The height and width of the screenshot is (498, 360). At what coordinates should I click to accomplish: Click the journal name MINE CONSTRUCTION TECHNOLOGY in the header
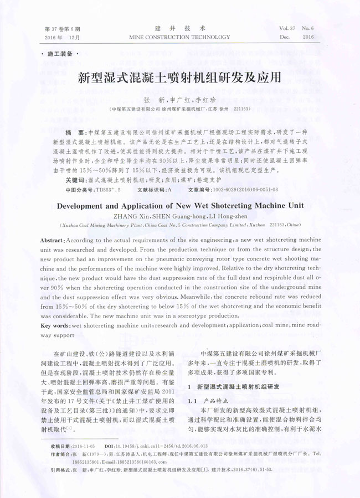click(x=179, y=37)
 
